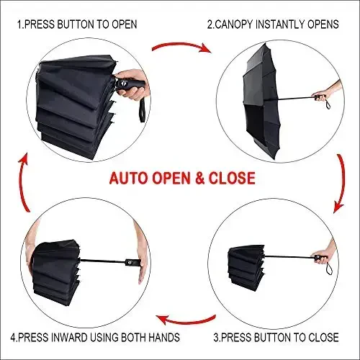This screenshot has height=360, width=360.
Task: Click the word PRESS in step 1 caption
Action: click(x=45, y=24)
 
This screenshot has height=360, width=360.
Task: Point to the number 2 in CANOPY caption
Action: click(x=210, y=24)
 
